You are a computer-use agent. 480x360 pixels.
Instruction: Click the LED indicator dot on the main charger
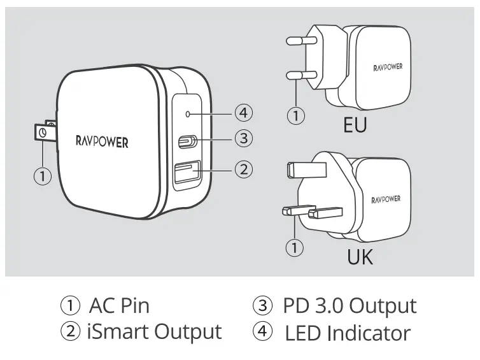[187, 114]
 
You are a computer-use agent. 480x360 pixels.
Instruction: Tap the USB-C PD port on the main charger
[188, 141]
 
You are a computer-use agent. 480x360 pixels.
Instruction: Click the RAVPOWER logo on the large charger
[102, 141]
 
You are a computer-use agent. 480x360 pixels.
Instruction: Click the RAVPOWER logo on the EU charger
[387, 66]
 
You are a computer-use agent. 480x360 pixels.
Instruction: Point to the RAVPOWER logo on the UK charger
[386, 199]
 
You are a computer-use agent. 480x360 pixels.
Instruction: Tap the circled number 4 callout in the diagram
[243, 113]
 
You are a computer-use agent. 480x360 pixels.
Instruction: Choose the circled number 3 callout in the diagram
[243, 137]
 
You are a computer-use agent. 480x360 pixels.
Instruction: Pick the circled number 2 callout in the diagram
[243, 169]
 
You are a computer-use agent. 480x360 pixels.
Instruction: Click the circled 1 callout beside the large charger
[42, 176]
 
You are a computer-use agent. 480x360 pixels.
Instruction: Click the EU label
[355, 124]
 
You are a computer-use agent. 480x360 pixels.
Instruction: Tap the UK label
[360, 257]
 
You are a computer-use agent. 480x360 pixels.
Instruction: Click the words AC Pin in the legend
[119, 305]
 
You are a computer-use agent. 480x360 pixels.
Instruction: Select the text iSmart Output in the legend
[154, 332]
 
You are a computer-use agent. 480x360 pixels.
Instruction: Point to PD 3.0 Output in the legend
[349, 305]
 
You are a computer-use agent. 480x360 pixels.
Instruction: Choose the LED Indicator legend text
[348, 332]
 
